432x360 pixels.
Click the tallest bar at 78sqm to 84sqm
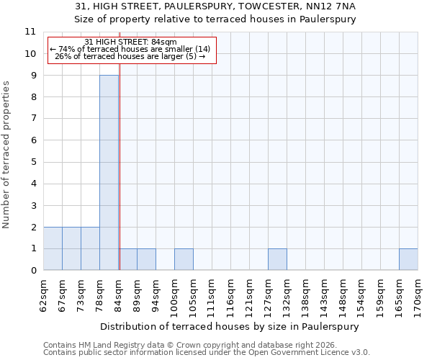(x=109, y=173)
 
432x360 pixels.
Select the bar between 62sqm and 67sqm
(x=53, y=248)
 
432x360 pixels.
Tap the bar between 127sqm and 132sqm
(x=277, y=259)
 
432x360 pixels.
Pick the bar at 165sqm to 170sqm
(x=408, y=259)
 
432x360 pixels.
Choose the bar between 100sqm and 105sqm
(x=184, y=259)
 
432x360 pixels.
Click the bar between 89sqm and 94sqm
(x=146, y=259)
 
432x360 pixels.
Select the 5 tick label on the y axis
(x=33, y=162)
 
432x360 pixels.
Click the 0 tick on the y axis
(x=33, y=271)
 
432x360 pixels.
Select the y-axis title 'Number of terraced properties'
(x=6, y=154)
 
